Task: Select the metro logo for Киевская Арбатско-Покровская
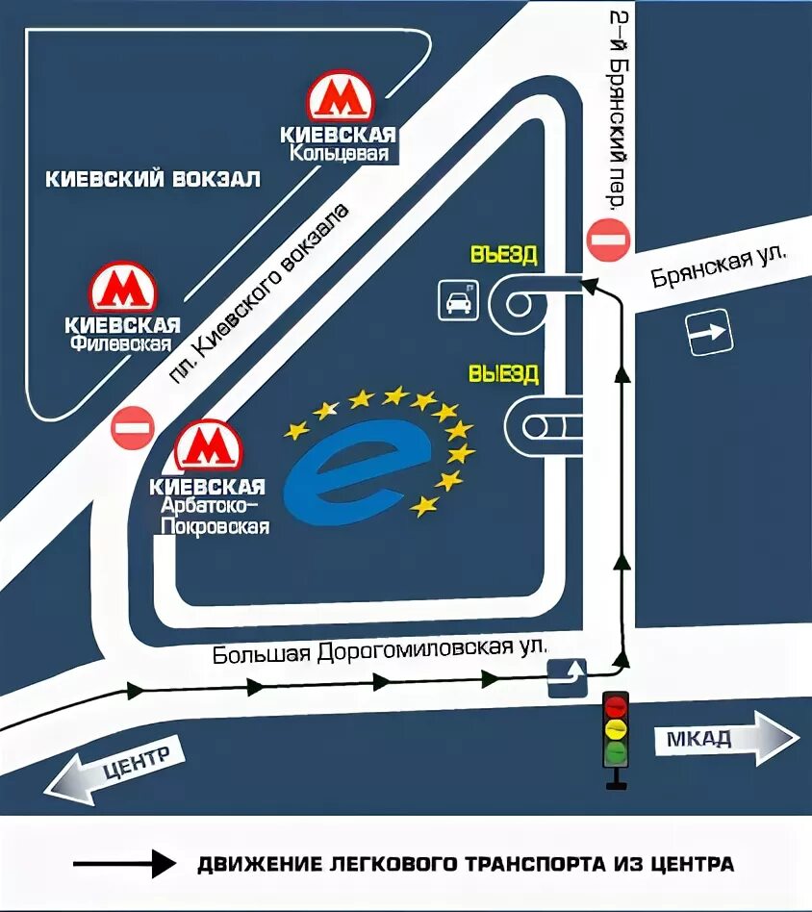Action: [x=207, y=445]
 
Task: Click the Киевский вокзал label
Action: [x=154, y=179]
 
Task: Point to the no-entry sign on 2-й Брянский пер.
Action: [x=609, y=240]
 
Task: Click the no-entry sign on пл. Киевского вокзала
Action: [x=133, y=427]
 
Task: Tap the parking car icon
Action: [x=458, y=299]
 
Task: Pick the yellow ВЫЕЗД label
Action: [x=503, y=373]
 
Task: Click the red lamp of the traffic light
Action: [x=615, y=707]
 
